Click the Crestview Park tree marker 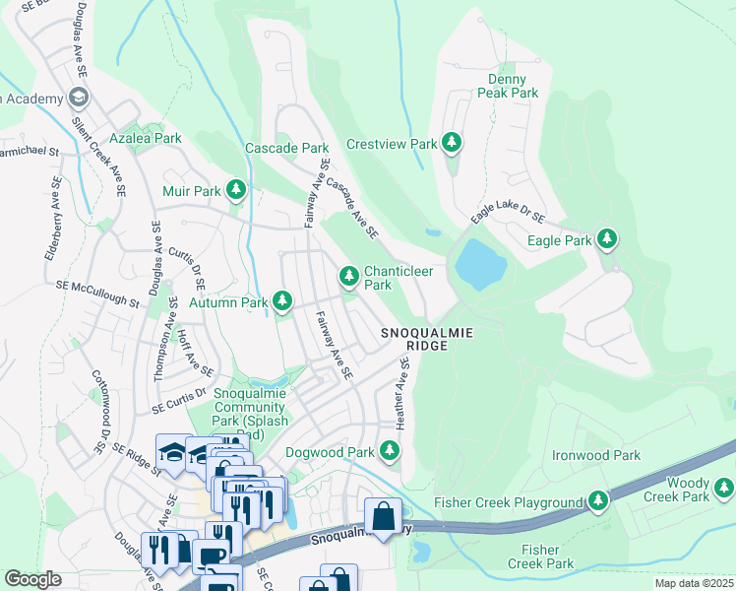tap(452, 144)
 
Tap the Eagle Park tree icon tap(607, 239)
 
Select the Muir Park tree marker tap(235, 188)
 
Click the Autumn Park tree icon tap(282, 299)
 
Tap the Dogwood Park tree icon tap(391, 451)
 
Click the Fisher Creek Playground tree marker tap(597, 501)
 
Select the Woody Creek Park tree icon tap(723, 488)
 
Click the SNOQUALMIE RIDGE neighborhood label tap(427, 340)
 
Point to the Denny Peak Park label tap(508, 86)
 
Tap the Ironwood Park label tap(596, 455)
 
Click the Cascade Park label tap(286, 148)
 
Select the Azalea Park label tap(145, 139)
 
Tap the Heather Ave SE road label tap(402, 392)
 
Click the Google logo tap(32, 579)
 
